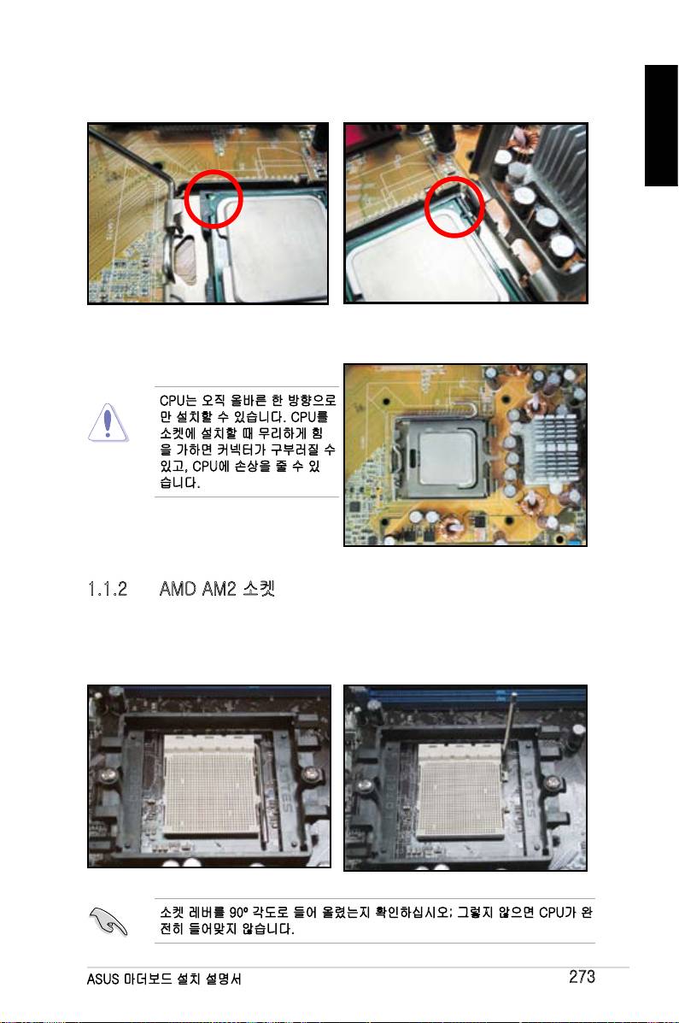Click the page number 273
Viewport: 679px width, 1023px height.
[x=581, y=976]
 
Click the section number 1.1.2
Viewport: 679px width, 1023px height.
[x=108, y=589]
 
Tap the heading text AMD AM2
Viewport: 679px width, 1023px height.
[x=197, y=589]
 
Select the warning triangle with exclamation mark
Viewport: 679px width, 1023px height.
[x=108, y=422]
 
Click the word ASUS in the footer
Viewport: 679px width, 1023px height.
[x=103, y=979]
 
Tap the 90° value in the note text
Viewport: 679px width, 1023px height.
[x=239, y=912]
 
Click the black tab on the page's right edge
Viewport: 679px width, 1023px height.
[x=661, y=126]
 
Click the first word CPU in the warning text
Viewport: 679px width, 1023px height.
[x=173, y=400]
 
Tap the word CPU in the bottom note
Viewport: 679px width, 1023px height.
[x=551, y=912]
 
